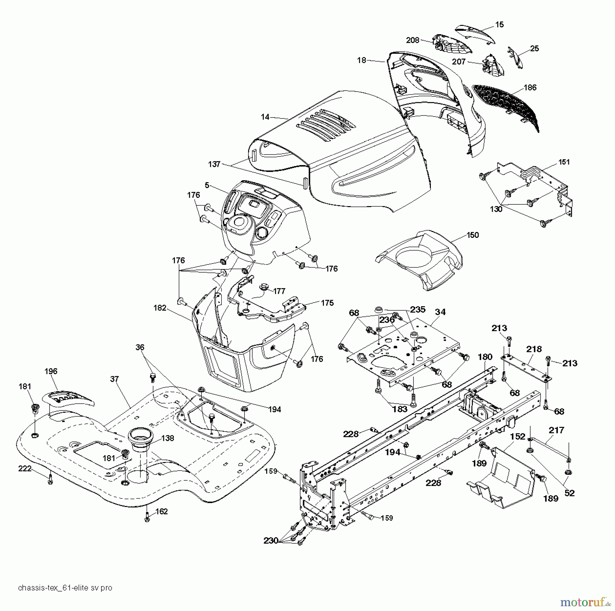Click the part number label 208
pos(412,40)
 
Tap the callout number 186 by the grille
pos(530,87)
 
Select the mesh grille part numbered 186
pos(506,106)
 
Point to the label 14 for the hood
pos(265,117)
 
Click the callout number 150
pos(473,235)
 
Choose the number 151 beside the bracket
pos(564,162)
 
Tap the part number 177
pos(279,291)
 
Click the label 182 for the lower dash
pos(160,308)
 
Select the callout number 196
pos(51,371)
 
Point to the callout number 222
pos(25,469)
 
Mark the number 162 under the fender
pos(162,511)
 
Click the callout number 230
pos(271,541)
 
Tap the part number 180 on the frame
pos(485,357)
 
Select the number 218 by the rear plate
pos(534,349)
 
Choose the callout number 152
pos(518,437)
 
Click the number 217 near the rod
pos(556,430)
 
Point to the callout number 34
pos(440,312)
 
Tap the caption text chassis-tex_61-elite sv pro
pos(65,588)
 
